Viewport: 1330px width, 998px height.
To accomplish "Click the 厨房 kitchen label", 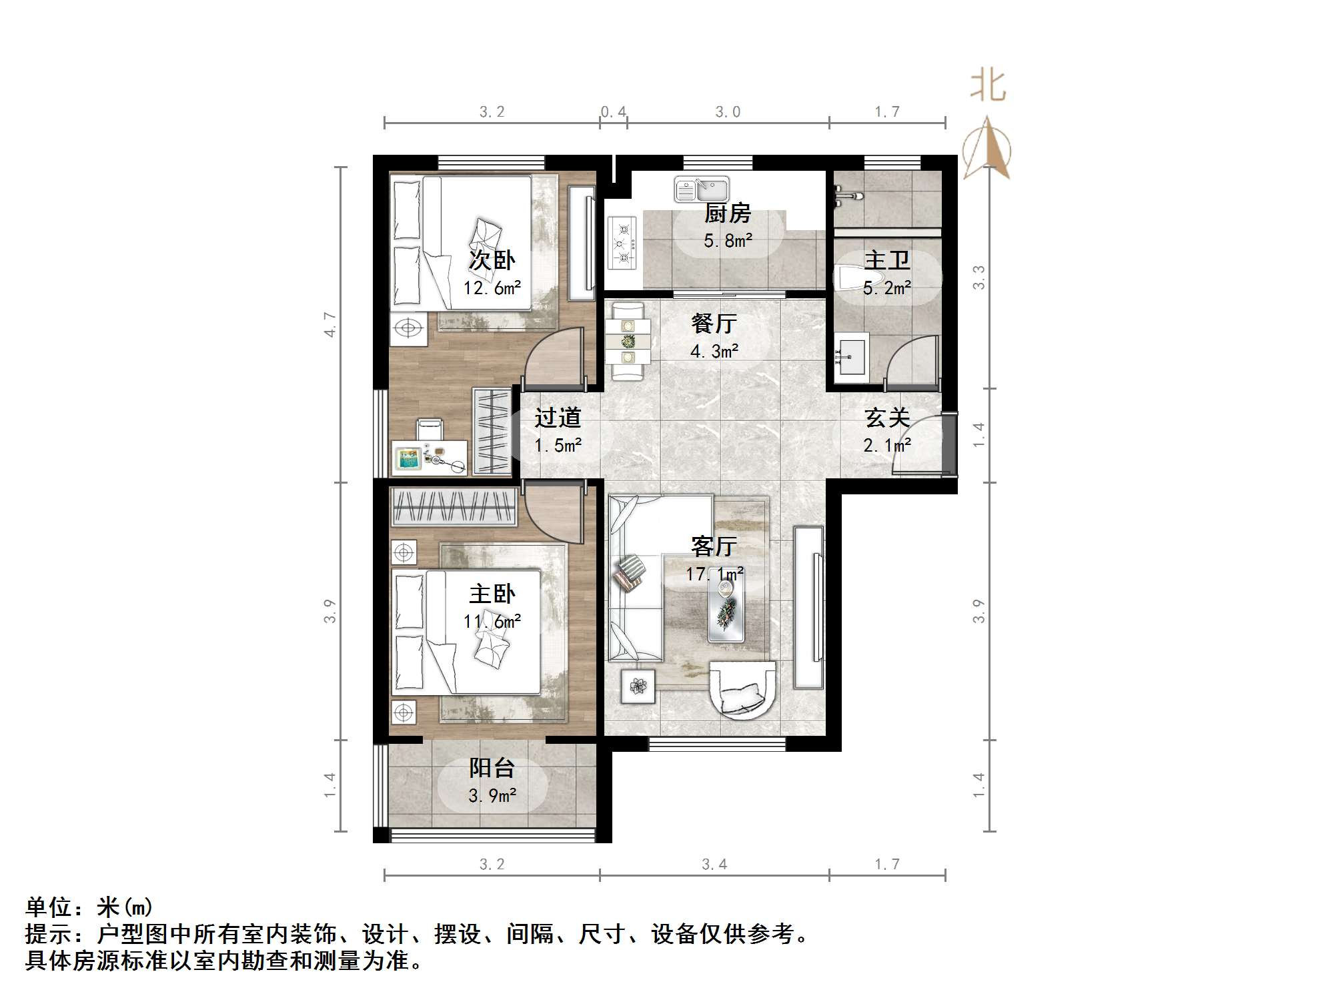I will pos(727,213).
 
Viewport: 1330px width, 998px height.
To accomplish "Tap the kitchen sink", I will pos(701,189).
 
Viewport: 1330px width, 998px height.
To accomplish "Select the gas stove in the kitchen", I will pos(622,243).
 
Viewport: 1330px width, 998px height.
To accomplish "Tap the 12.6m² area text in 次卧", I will pos(492,288).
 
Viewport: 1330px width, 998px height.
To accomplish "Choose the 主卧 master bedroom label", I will pos(492,594).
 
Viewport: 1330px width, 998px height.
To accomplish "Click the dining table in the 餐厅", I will pos(628,342).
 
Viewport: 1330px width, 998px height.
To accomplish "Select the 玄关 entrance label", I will pos(887,418).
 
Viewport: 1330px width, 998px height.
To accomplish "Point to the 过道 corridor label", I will pos(558,418).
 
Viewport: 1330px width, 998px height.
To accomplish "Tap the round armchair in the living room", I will pos(742,690).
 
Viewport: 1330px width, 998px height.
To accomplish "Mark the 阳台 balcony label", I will pos(492,768).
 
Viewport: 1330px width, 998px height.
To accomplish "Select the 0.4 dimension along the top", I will pos(613,111).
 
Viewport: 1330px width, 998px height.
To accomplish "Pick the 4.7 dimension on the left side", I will pos(330,324).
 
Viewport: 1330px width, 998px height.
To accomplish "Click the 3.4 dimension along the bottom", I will pos(714,865).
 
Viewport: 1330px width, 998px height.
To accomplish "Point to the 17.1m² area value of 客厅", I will pos(715,574).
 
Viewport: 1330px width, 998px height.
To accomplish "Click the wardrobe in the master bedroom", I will pos(454,506).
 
